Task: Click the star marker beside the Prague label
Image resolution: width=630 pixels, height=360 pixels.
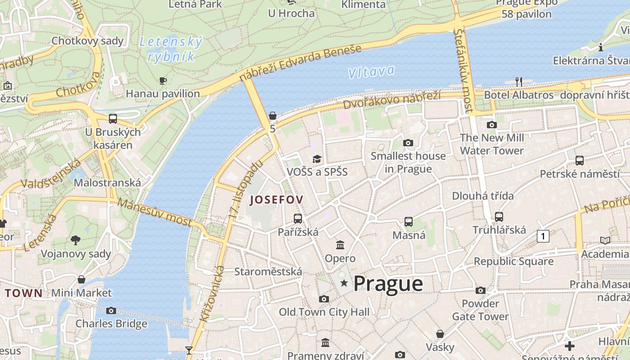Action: point(344,283)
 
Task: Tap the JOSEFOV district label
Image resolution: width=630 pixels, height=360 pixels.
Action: point(277,199)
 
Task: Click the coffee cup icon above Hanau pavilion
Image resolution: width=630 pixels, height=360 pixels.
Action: point(163,81)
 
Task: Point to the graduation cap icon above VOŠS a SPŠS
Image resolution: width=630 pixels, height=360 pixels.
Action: point(317,159)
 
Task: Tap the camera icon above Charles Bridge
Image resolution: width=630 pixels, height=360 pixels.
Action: point(111,310)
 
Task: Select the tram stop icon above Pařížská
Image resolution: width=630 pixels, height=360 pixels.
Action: point(298,219)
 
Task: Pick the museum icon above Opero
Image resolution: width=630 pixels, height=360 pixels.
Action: point(340,245)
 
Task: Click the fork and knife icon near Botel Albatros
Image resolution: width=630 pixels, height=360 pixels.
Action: point(519,81)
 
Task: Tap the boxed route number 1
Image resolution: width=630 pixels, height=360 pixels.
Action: point(543,236)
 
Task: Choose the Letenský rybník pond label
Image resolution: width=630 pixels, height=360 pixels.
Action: point(171,49)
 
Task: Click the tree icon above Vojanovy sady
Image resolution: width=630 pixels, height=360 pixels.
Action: point(76,240)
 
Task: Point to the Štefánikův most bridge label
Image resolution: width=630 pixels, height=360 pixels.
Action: point(464,71)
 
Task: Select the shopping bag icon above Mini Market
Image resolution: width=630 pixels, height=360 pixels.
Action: point(81,279)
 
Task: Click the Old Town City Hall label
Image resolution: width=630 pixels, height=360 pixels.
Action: point(324,312)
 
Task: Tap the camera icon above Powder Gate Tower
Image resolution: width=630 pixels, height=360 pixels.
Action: point(481,290)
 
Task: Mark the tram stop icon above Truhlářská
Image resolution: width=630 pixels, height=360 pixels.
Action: point(499,217)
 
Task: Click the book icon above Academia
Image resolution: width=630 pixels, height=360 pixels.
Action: point(605,240)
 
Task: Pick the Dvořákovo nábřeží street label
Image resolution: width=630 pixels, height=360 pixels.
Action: point(391,99)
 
